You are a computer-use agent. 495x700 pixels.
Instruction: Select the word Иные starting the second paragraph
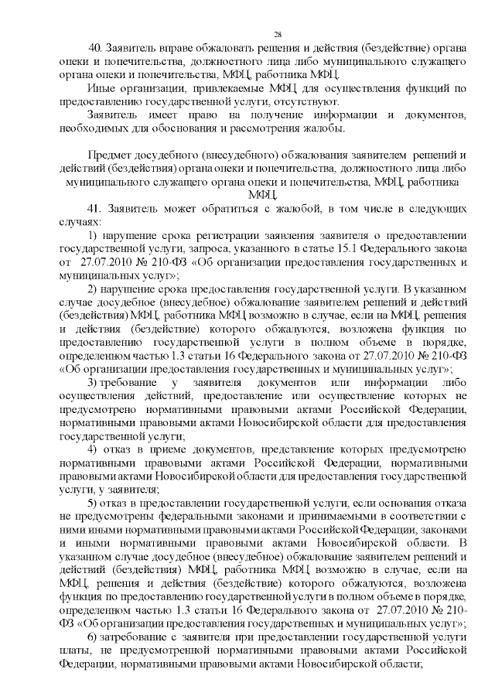pos(100,88)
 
